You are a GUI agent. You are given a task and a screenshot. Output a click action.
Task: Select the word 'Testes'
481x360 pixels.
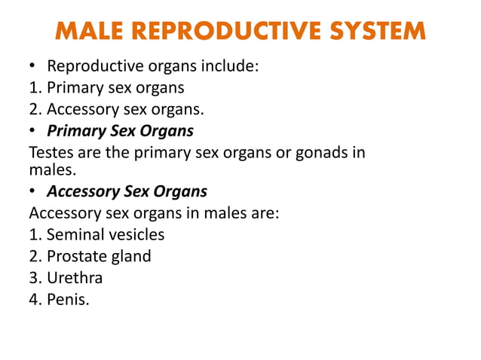click(51, 153)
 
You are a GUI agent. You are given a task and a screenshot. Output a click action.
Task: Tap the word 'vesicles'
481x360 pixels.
click(137, 235)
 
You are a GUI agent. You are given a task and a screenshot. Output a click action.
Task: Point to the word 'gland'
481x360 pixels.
click(132, 256)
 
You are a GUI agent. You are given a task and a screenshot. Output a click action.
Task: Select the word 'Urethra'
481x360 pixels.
click(75, 278)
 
